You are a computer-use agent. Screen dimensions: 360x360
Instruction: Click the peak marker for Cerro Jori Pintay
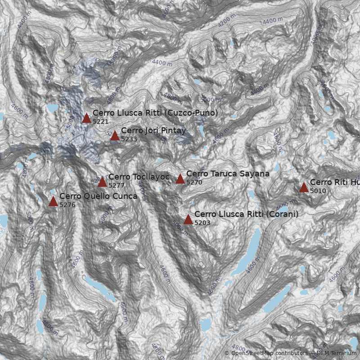coord(115,135)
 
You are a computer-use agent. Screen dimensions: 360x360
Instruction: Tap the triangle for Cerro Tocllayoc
coord(102,182)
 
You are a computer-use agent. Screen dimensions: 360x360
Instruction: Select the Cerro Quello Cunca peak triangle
coord(53,201)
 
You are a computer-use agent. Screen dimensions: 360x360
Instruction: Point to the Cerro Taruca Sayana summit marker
coord(180,179)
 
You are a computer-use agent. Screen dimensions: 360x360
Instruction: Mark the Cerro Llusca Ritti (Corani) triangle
coord(188,219)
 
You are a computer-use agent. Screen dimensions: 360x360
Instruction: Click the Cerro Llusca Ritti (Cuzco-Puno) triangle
coord(86,118)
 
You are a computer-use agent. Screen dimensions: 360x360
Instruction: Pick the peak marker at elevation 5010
coord(304,187)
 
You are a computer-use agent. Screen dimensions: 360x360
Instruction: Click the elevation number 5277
coord(117,185)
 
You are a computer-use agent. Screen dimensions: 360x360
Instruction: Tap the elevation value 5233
coord(129,139)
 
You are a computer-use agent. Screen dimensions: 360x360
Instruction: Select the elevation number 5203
coord(202,223)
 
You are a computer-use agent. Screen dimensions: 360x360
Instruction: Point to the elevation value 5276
coord(67,205)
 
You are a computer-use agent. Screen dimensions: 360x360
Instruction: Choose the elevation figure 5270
coord(194,182)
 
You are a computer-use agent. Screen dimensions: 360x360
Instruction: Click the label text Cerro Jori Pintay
coord(153,130)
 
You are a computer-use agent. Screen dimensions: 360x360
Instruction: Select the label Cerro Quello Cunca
coord(98,196)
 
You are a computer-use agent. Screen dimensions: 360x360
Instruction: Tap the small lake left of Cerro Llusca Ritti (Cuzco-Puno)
coord(52,108)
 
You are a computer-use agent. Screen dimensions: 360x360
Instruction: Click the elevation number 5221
coord(100,121)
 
